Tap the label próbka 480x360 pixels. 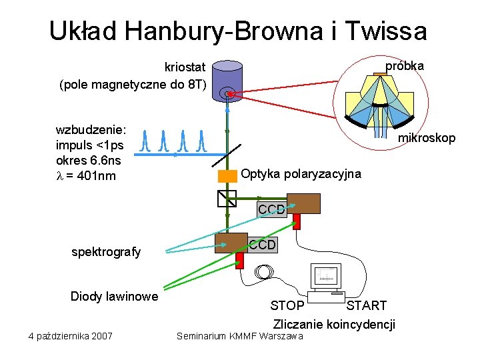[405, 67]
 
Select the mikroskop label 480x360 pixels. [427, 138]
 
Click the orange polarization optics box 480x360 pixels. [228, 176]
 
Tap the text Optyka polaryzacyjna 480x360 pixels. [301, 174]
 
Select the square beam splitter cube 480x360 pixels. [227, 198]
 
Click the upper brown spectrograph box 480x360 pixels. [303, 203]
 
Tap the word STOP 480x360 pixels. [287, 306]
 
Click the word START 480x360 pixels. [366, 306]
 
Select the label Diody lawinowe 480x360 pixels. [114, 296]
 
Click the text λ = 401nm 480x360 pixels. [86, 176]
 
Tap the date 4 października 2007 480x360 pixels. [71, 335]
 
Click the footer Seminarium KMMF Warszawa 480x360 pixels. [239, 335]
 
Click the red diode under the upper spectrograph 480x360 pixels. [297, 221]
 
